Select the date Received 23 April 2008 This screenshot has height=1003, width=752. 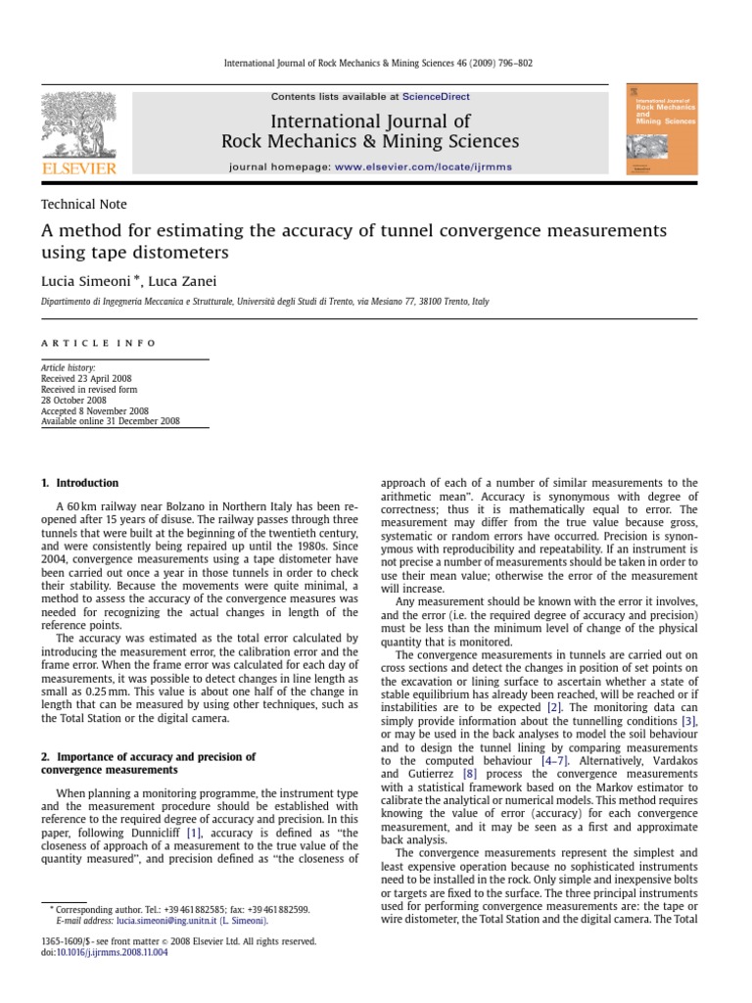[x=86, y=378]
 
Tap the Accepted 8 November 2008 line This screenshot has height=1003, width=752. [x=94, y=411]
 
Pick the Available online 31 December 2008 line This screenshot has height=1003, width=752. [x=110, y=422]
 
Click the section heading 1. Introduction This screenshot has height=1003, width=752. [x=79, y=483]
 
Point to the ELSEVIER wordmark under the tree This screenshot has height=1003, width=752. [x=78, y=168]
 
